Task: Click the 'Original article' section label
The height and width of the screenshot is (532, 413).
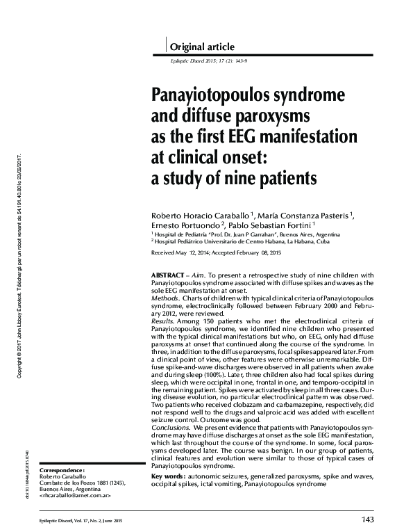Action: pos(203,47)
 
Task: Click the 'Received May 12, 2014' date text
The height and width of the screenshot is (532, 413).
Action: pos(183,254)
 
